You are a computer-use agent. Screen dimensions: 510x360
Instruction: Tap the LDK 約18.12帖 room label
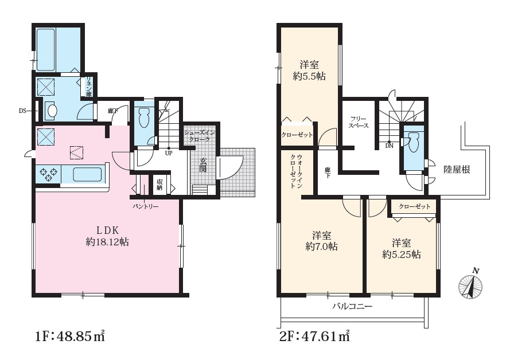point(107,236)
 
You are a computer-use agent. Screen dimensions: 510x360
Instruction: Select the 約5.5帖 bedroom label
point(309,71)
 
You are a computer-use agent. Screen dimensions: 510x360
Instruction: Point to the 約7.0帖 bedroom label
point(321,240)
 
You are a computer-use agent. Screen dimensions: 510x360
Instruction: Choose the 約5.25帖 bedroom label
point(402,248)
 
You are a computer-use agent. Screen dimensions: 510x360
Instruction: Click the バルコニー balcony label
point(352,306)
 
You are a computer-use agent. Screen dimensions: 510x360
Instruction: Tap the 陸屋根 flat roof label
point(457,169)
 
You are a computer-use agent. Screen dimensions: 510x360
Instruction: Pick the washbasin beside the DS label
point(52,110)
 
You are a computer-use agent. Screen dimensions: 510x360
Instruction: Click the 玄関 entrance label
point(203,165)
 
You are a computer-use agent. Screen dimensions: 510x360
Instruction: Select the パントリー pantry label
point(145,206)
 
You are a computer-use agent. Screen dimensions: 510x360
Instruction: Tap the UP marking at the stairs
point(169,153)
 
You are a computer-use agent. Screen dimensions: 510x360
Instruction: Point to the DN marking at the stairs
point(389,146)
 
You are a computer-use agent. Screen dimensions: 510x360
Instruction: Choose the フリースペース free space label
point(359,122)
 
